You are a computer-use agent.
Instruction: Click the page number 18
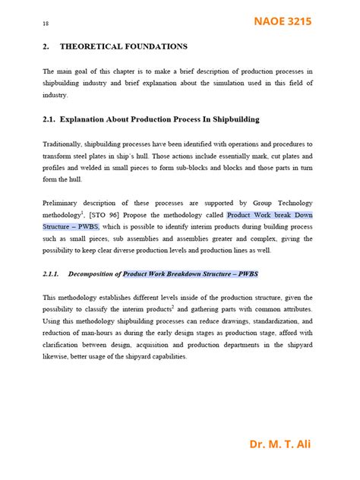(46, 24)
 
